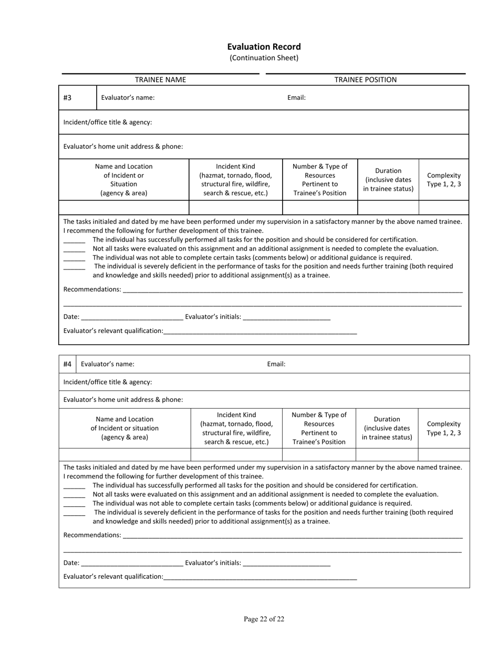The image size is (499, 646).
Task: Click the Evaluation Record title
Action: (x=264, y=47)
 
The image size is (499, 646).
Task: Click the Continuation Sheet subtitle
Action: (x=264, y=58)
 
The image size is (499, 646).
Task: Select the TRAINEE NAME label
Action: (x=160, y=80)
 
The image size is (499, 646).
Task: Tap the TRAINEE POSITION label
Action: (x=366, y=80)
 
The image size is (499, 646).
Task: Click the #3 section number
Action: (x=67, y=98)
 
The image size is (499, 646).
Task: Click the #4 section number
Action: (x=67, y=364)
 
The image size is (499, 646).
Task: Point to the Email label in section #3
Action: (x=296, y=98)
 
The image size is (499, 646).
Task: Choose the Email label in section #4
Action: (x=276, y=364)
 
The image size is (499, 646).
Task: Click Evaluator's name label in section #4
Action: (x=107, y=364)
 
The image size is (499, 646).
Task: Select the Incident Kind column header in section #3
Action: (x=235, y=180)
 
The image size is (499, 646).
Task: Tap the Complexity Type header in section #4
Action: (x=443, y=429)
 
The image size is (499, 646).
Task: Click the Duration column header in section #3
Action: (x=388, y=180)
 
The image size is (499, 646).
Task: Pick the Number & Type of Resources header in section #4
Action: (x=319, y=429)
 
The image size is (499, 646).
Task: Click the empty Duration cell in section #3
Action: (x=388, y=207)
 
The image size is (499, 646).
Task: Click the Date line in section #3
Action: (x=132, y=317)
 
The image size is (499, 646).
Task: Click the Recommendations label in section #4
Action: (x=92, y=535)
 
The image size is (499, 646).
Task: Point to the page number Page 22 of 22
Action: (x=264, y=619)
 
